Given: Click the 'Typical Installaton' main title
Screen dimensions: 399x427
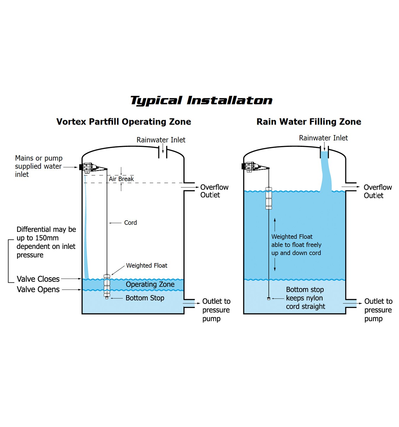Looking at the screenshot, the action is click(201, 101).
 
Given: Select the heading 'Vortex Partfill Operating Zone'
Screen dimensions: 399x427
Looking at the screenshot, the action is click(124, 122).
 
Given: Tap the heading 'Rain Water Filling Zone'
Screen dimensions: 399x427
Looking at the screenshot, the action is click(309, 122).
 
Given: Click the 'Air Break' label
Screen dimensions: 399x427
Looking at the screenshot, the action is click(121, 179).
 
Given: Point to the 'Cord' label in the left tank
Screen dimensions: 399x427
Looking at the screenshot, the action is click(130, 223).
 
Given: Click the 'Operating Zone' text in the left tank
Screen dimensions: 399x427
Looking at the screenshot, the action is click(150, 284).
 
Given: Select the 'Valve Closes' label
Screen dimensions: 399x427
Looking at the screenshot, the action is click(38, 279).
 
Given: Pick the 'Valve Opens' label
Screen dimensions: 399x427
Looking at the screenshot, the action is click(38, 289).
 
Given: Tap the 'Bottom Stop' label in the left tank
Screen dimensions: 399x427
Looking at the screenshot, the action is click(145, 298).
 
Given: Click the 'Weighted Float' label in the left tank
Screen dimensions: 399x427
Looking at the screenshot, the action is click(146, 266).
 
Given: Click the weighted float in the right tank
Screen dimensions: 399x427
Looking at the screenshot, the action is click(269, 198).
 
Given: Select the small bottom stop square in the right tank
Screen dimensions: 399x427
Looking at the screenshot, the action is click(269, 299).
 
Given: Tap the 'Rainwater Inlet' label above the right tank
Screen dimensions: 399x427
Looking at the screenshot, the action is click(323, 138).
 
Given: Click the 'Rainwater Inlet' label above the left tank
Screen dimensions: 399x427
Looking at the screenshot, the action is click(161, 140).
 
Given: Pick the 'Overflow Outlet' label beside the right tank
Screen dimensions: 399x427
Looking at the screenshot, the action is click(378, 191).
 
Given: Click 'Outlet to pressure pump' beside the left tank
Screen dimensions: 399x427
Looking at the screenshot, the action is click(216, 310).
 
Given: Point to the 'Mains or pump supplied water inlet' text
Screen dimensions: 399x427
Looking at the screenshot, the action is click(39, 166).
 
